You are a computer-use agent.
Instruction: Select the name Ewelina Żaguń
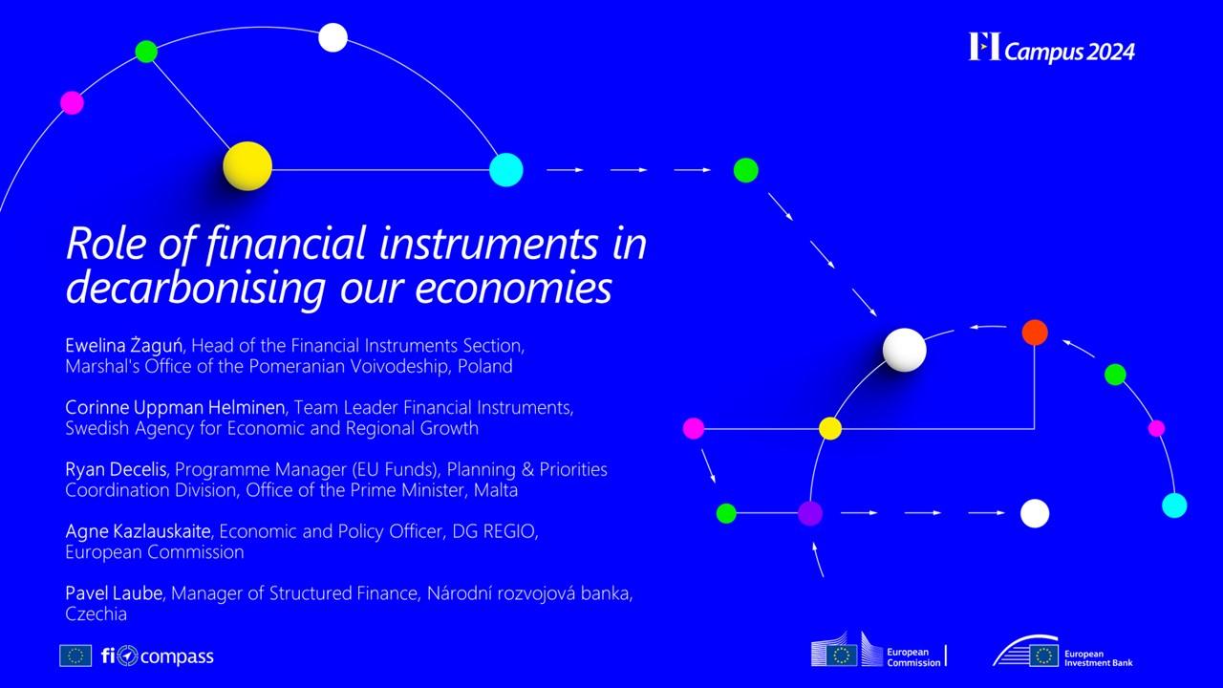click(x=124, y=346)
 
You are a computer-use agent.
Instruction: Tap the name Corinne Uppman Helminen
click(x=175, y=407)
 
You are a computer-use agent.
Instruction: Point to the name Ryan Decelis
click(x=116, y=469)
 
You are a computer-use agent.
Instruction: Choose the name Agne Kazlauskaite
click(x=139, y=531)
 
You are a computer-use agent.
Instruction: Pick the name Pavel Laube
click(x=114, y=593)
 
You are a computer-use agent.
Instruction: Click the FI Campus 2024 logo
click(x=1052, y=48)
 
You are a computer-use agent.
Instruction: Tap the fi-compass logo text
click(x=158, y=656)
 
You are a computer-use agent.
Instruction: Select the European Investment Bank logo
click(x=1062, y=652)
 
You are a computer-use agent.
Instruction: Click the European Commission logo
click(x=879, y=651)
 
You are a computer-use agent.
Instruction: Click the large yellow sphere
click(x=247, y=166)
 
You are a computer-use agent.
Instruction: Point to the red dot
click(x=1035, y=333)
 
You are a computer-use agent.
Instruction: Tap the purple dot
click(x=810, y=513)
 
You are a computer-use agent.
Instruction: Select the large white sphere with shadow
click(x=904, y=350)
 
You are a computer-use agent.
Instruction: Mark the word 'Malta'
click(x=496, y=490)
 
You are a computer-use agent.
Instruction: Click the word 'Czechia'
click(x=97, y=613)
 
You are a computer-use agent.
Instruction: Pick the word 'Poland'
click(x=484, y=366)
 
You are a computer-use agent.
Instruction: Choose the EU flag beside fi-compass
click(x=75, y=656)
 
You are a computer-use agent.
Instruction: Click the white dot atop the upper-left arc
click(x=333, y=37)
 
